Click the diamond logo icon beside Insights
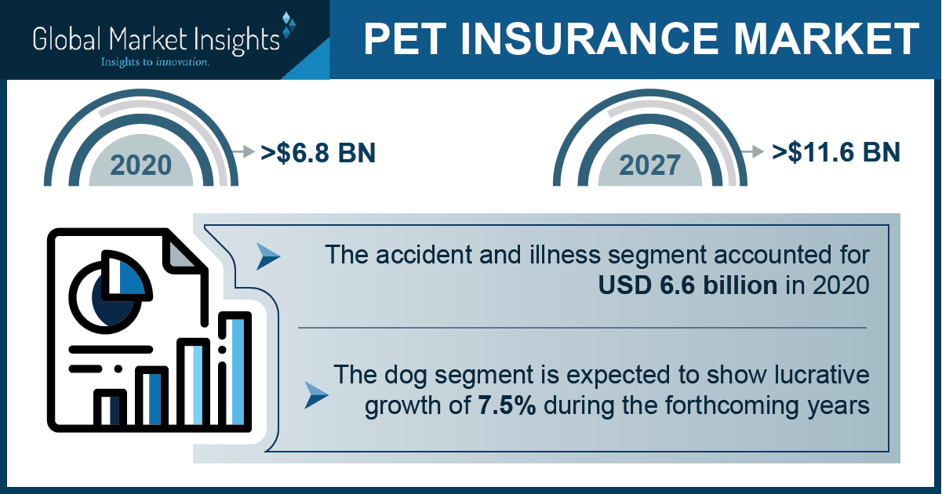pos(289,25)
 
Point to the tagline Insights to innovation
pos(155,62)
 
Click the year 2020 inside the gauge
pos(141,165)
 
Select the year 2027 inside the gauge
pos(649,165)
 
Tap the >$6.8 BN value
pos(318,153)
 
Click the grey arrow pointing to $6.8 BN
pos(243,151)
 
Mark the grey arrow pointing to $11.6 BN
pos(752,151)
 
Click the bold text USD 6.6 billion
pos(688,285)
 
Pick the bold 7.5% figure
pos(507,405)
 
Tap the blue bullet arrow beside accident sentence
pos(268,256)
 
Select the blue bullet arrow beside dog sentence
pos(316,396)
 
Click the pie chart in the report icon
pos(110,292)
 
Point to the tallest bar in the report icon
pos(235,370)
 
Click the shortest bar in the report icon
pos(110,409)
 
